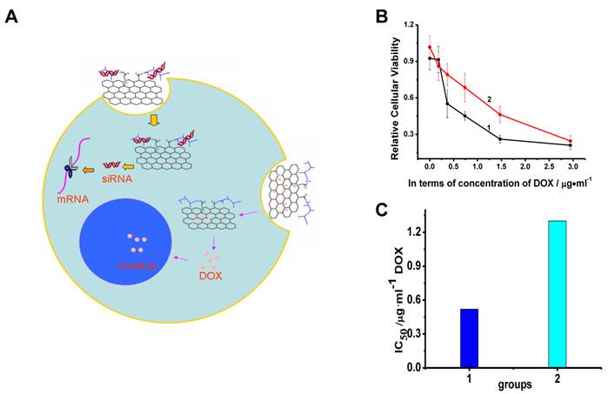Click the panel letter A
(x=12, y=17)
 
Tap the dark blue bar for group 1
(x=469, y=338)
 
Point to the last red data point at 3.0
(x=570, y=141)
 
